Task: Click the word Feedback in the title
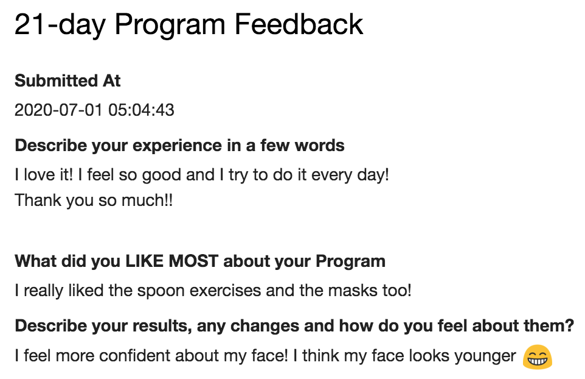point(299,24)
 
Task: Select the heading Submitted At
point(67,80)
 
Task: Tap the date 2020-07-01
point(58,110)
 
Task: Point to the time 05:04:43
point(142,110)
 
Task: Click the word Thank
point(38,200)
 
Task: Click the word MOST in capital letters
point(193,261)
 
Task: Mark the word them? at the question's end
point(549,326)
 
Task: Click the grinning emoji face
point(537,357)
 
